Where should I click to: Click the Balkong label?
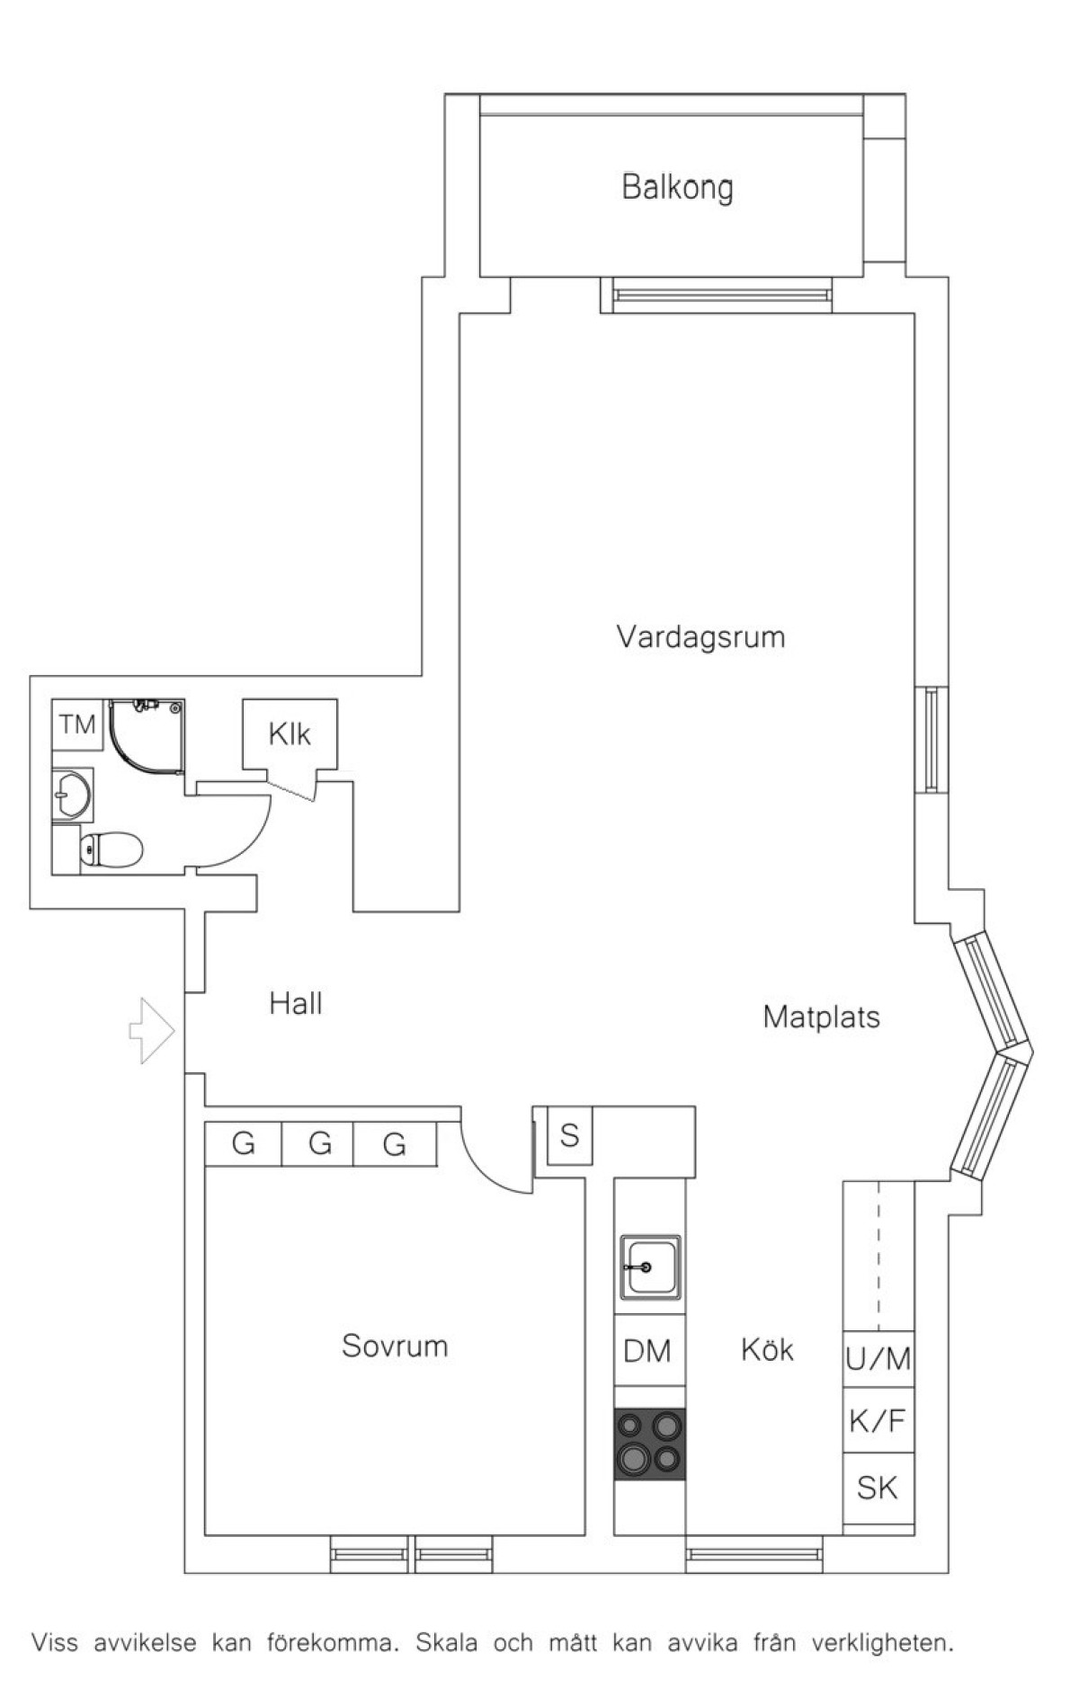(x=677, y=188)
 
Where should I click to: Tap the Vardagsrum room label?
(x=700, y=637)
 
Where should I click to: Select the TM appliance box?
(x=77, y=724)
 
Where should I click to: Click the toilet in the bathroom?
(x=111, y=848)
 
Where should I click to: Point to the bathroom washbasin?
(x=72, y=794)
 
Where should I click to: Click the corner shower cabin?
(x=147, y=736)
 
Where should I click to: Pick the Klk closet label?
(x=290, y=734)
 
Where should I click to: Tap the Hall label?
(x=296, y=1003)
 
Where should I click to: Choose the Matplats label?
(x=821, y=1017)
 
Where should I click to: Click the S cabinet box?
(x=569, y=1136)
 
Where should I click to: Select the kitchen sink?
(x=649, y=1266)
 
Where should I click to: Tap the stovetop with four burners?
(x=649, y=1444)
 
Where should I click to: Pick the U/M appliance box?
(x=878, y=1358)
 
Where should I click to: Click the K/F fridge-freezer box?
(x=878, y=1420)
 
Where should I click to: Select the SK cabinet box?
(x=878, y=1488)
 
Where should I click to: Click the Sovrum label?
(x=395, y=1346)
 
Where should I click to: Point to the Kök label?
(x=767, y=1349)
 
